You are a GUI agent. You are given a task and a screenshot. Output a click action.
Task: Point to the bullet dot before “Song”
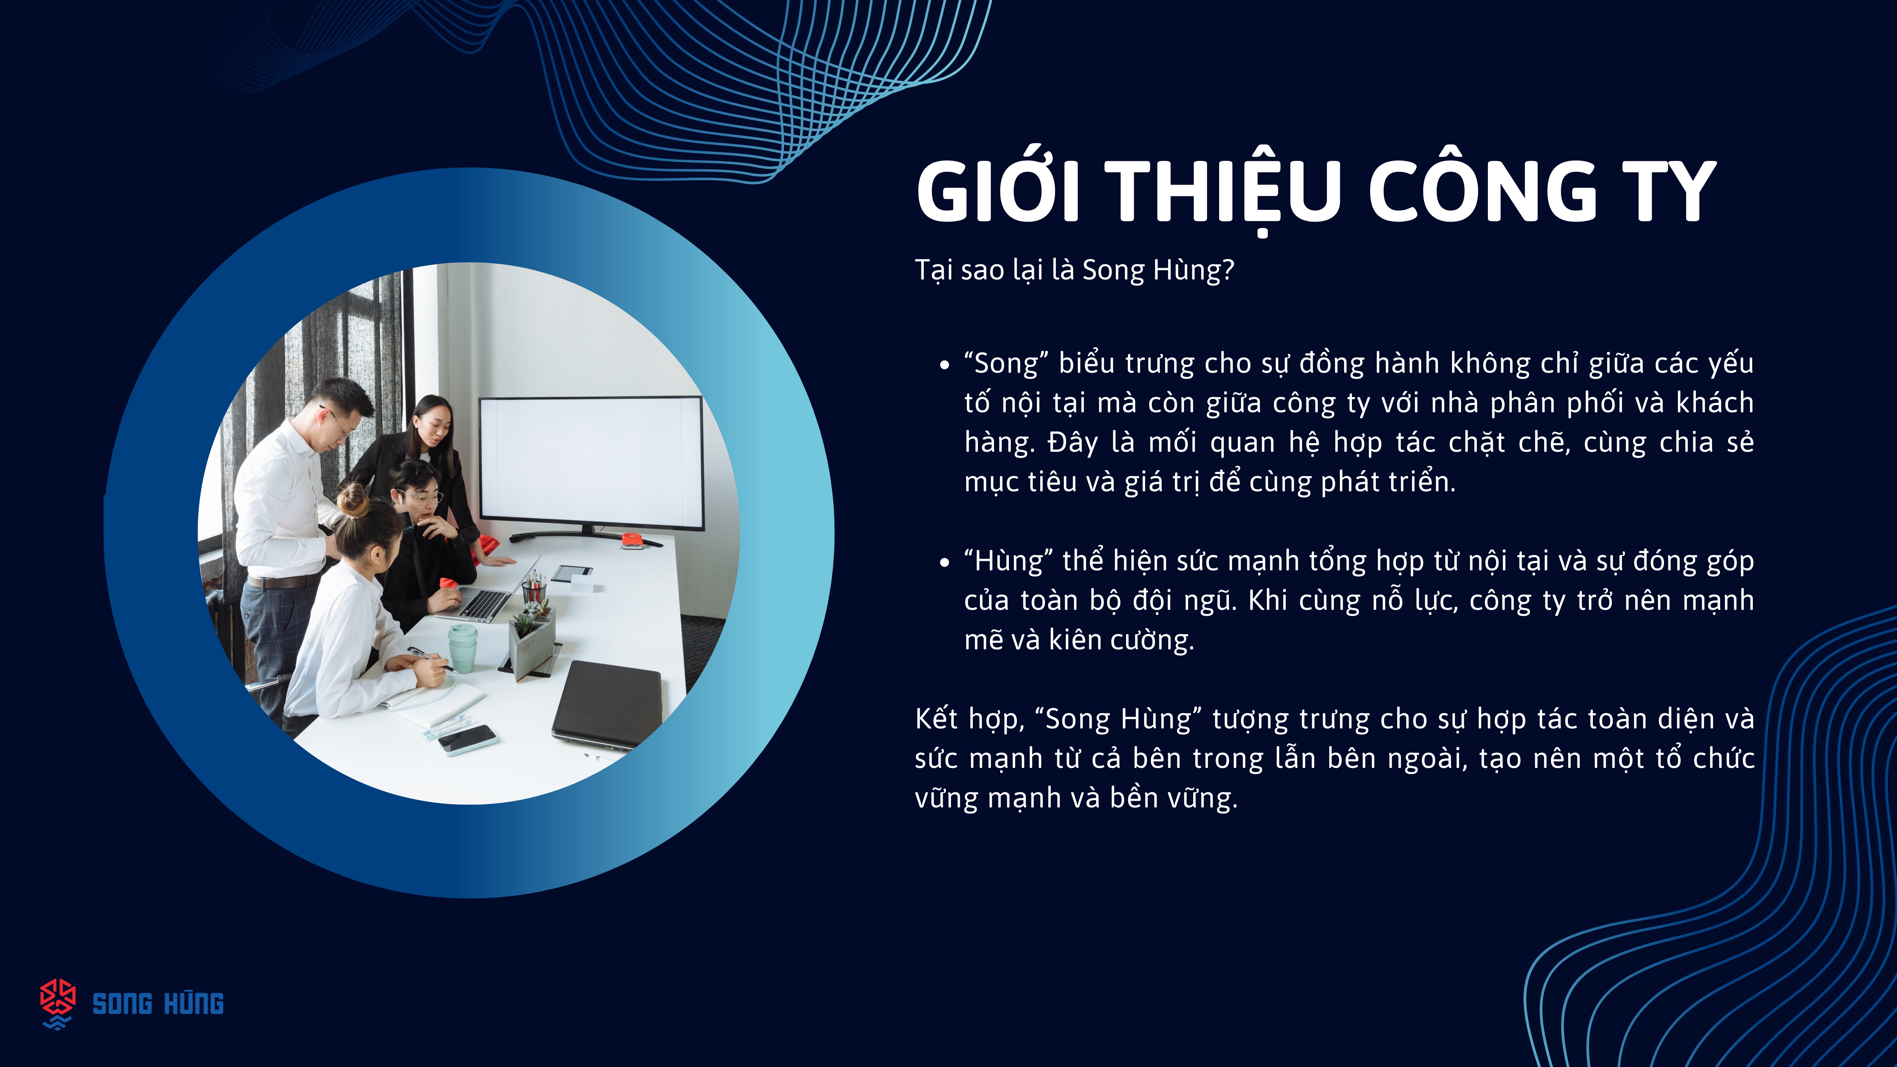[x=945, y=365]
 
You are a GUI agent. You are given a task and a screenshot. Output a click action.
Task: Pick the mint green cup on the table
[x=463, y=648]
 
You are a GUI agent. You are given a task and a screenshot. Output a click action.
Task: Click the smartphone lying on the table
[x=467, y=739]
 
